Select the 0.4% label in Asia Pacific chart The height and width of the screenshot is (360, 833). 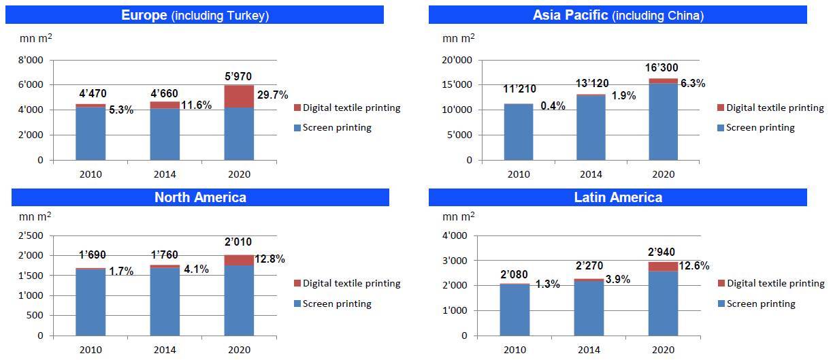(x=553, y=105)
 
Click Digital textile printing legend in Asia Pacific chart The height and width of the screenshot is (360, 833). (x=774, y=108)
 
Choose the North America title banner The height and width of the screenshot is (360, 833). (x=200, y=197)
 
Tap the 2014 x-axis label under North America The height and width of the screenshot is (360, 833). (x=165, y=350)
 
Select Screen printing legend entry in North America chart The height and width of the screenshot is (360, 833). (x=337, y=304)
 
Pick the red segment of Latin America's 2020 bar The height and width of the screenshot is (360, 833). (x=663, y=266)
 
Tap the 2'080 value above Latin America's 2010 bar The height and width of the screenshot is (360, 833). (x=514, y=274)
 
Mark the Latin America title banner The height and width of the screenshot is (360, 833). (x=617, y=197)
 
